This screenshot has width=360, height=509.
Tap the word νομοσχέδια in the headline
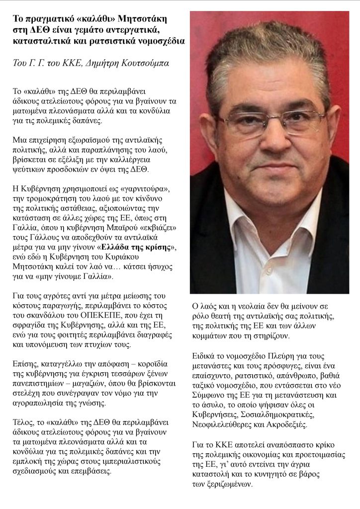pos(159,41)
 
